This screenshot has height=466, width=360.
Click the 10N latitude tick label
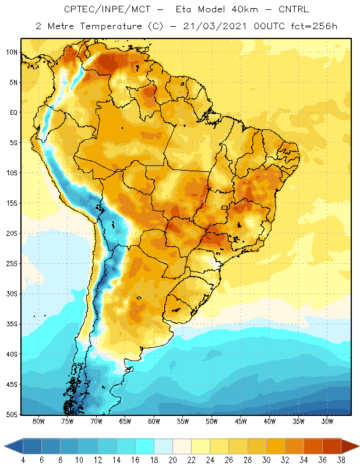click(12, 52)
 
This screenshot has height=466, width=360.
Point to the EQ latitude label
click(13, 112)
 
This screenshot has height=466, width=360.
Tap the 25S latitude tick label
click(12, 264)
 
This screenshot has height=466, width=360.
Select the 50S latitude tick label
click(12, 415)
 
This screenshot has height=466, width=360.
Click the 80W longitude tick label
click(38, 421)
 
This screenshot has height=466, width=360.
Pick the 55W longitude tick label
click(183, 421)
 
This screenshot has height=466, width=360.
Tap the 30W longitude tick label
click(327, 421)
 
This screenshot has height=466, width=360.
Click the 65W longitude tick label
click(125, 421)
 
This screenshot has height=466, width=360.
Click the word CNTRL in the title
click(294, 9)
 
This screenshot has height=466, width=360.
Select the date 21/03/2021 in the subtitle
click(215, 26)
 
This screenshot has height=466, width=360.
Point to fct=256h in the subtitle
click(314, 26)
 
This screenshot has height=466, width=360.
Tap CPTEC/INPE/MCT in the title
click(107, 9)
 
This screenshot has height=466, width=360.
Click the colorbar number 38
click(341, 460)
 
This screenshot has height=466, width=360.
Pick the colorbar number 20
click(172, 460)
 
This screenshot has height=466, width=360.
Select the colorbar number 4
click(23, 460)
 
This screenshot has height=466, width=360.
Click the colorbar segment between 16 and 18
click(145, 446)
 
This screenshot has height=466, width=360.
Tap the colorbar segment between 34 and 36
click(313, 446)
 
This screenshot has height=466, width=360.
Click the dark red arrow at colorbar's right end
click(350, 446)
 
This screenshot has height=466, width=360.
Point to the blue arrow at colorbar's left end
click(14, 446)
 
